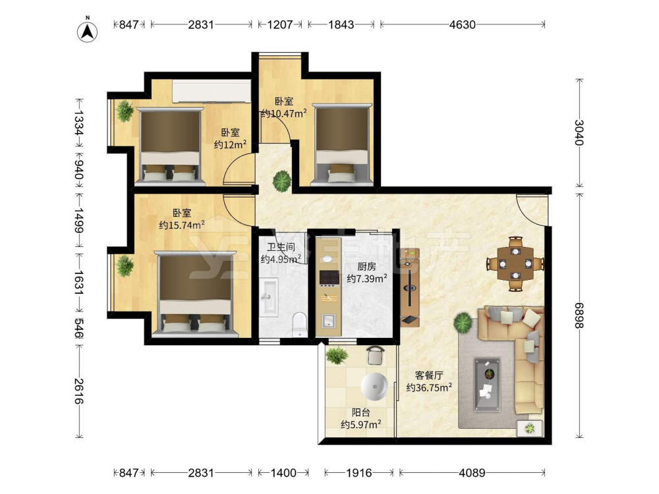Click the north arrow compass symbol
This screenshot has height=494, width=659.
88,31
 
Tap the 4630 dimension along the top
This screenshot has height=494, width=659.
463,24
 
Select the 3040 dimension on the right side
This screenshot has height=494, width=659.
579,132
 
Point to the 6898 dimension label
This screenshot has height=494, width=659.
579,316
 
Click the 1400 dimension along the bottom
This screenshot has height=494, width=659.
283,473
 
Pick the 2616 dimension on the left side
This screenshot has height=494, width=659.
78,391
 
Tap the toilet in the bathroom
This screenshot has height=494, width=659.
300,324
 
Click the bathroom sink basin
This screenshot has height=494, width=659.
269,296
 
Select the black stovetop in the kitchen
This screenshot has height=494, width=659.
329,277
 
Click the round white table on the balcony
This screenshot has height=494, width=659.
374,385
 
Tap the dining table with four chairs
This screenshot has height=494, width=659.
515,264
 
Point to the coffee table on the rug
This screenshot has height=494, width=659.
488,385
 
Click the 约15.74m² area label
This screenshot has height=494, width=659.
182,225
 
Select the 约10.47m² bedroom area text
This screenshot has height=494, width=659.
283,113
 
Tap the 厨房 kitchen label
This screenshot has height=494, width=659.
366,266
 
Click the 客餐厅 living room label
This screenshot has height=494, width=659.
429,375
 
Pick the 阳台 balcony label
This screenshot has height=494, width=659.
360,412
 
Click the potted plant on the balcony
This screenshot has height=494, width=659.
337,356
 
